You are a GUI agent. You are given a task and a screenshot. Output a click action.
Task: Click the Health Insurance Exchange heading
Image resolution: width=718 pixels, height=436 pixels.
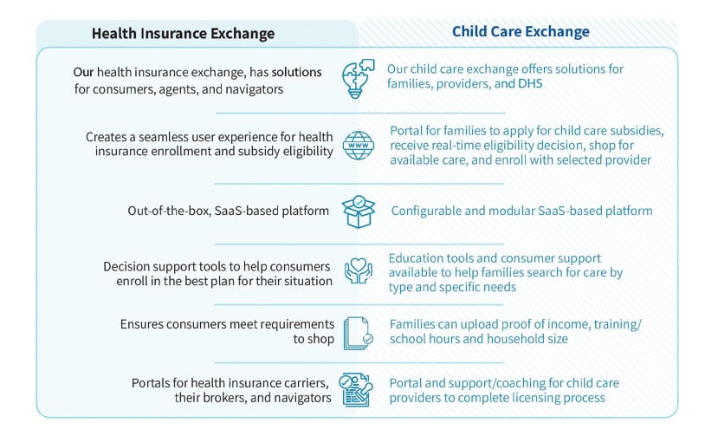pyautogui.click(x=183, y=34)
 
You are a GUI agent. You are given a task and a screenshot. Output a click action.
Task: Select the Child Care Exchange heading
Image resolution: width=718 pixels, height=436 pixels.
pyautogui.click(x=521, y=31)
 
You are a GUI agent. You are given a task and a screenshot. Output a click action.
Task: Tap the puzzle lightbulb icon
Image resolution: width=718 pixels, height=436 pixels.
pyautogui.click(x=358, y=78)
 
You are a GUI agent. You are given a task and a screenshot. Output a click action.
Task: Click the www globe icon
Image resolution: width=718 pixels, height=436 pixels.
pyautogui.click(x=359, y=146)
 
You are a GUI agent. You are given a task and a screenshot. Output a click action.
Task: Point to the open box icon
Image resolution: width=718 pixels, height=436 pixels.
pyautogui.click(x=359, y=211)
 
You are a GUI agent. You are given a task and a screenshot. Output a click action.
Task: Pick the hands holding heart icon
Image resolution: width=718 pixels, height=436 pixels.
pyautogui.click(x=359, y=270)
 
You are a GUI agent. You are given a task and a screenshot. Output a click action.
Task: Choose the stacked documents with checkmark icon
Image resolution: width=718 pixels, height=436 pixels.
pyautogui.click(x=359, y=334)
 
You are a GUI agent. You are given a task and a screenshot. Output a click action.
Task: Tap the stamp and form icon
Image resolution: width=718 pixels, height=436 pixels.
pyautogui.click(x=356, y=390)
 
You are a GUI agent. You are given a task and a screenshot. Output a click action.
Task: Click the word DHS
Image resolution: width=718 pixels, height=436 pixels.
pyautogui.click(x=530, y=83)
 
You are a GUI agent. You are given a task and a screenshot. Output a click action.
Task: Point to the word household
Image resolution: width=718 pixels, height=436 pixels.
pyautogui.click(x=510, y=339)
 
